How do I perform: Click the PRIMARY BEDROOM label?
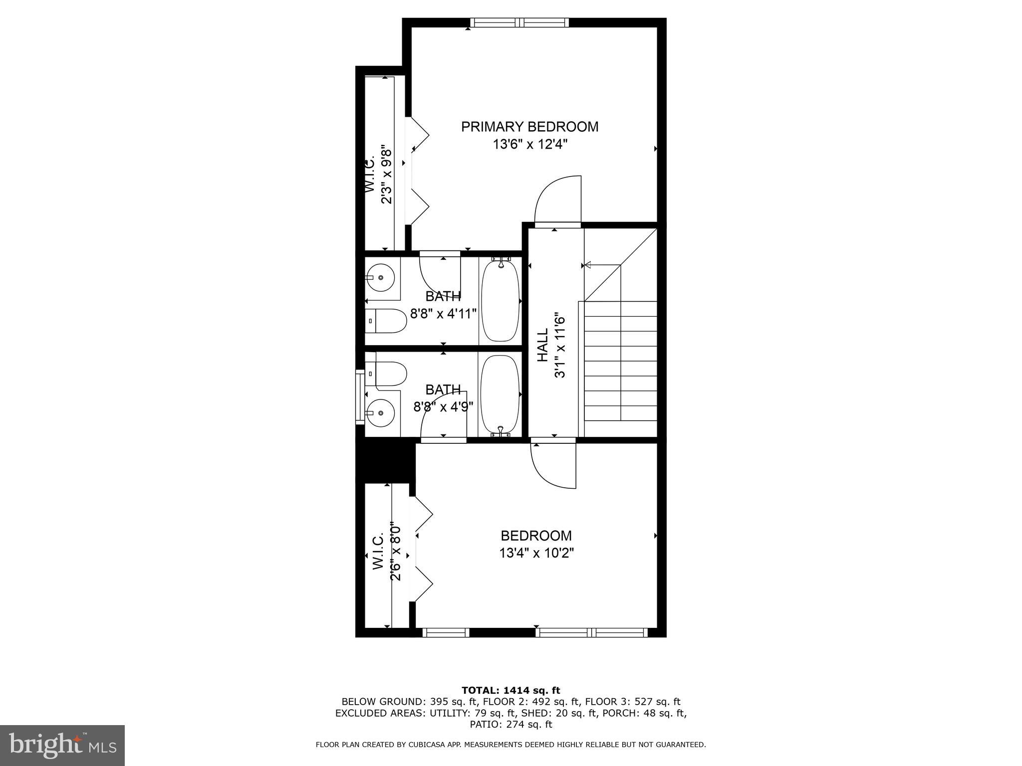point(529,127)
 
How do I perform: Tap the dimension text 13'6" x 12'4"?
point(530,145)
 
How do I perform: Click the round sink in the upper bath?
point(380,277)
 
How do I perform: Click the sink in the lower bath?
point(380,412)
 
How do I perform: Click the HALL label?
point(542,345)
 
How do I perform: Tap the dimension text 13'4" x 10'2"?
point(536,553)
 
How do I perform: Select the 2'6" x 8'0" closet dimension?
point(395,552)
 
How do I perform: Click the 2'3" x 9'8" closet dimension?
point(386,175)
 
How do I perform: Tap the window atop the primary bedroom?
point(519,22)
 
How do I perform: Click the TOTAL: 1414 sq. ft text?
point(511,691)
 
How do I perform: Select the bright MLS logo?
point(62,745)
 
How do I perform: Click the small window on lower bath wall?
point(359,396)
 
